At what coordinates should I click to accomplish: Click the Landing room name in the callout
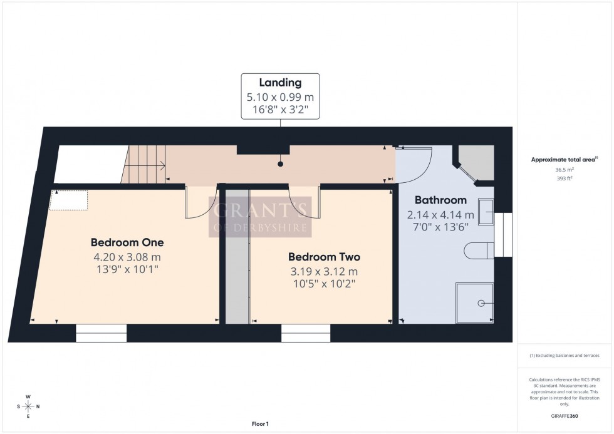pos(281,83)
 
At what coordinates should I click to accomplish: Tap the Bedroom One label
pos(127,242)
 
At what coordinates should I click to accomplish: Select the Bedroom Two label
pos(324,257)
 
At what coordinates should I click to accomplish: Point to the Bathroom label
pos(440,200)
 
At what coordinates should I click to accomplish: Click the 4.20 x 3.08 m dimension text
pos(127,257)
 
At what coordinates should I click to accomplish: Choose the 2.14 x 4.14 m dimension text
pos(440,215)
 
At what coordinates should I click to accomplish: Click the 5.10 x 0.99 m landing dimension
pos(281,97)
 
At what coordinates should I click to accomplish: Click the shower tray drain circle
pos(482,303)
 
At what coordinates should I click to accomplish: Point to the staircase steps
pos(143,165)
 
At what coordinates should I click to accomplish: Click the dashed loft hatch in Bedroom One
pos(69,200)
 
